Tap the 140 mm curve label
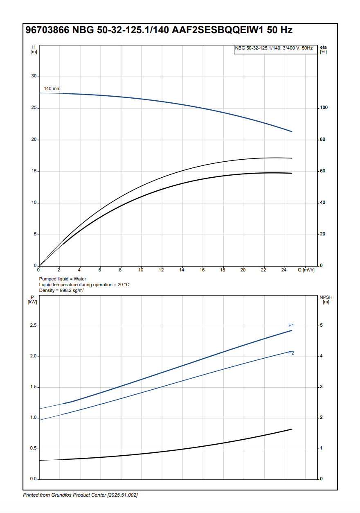click(52, 89)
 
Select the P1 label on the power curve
click(291, 325)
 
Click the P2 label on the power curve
click(291, 353)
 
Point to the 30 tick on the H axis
click(34, 77)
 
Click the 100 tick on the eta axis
click(324, 108)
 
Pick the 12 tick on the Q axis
click(161, 270)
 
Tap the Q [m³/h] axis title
click(306, 270)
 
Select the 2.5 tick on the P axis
click(34, 326)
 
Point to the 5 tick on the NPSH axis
click(321, 325)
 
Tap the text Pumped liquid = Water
click(63, 279)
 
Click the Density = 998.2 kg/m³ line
click(62, 290)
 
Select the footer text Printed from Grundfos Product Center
click(80, 495)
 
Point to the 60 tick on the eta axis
click(323, 171)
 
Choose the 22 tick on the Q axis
click(263, 270)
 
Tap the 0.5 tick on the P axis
click(34, 449)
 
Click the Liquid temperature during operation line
click(84, 285)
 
